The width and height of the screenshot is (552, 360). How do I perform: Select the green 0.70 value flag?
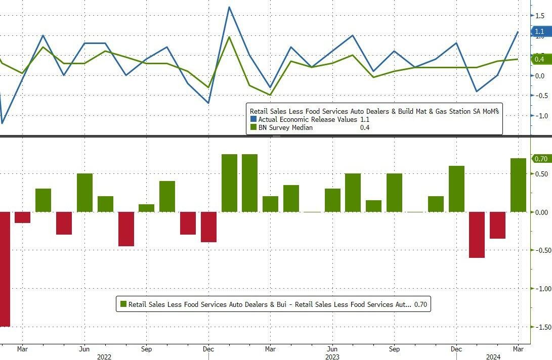540,159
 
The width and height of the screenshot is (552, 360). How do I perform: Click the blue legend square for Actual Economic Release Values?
253,119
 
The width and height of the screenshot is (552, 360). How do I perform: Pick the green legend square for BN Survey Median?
253,127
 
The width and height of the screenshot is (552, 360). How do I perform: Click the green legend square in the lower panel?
123,304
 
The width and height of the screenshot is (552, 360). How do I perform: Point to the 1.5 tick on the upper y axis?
540,16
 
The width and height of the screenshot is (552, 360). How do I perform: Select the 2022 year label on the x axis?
104,357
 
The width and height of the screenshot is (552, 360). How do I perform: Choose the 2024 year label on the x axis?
494,357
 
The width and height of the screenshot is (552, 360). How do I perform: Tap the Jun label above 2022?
84,349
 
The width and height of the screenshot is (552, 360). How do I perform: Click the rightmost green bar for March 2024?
518,185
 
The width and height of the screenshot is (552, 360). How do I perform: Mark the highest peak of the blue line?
229,7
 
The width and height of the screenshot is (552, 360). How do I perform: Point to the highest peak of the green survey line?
229,37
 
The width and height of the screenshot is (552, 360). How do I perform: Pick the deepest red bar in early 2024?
477,235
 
